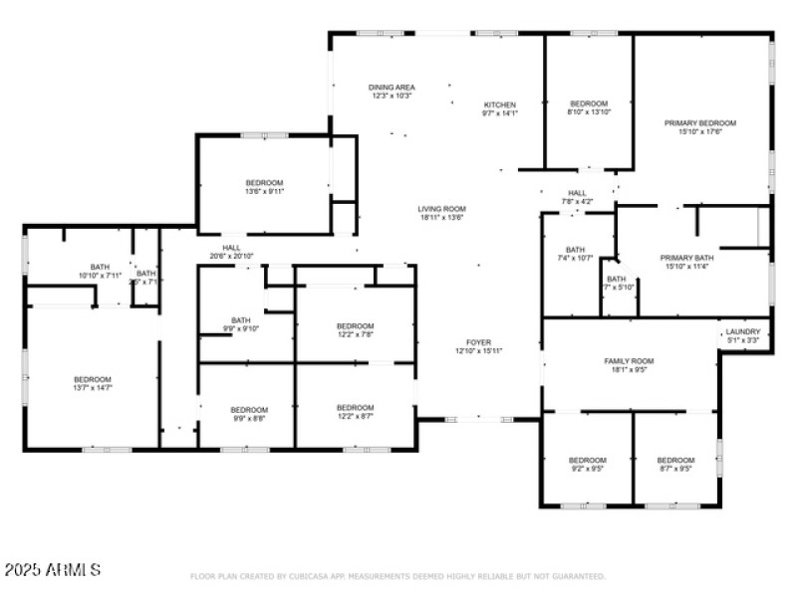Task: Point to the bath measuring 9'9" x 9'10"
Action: (x=239, y=323)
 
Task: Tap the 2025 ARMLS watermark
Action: (x=52, y=570)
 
